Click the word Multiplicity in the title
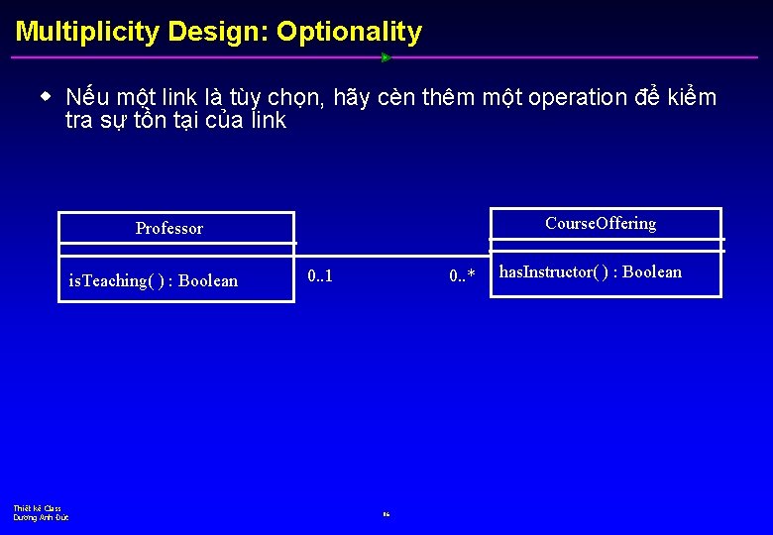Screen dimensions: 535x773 click(x=87, y=32)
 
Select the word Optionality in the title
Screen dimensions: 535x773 click(x=349, y=32)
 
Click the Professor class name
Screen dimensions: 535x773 click(x=168, y=229)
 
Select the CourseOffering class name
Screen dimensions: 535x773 click(x=601, y=224)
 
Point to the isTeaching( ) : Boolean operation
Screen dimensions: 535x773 click(x=153, y=280)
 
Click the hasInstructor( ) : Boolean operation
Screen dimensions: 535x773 click(x=590, y=272)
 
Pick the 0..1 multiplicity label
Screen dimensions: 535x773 click(x=320, y=275)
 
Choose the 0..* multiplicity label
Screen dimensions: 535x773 click(x=462, y=275)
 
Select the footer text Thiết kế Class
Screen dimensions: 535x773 click(x=37, y=508)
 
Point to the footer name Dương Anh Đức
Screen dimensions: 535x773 click(x=41, y=517)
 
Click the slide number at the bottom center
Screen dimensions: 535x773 click(x=386, y=514)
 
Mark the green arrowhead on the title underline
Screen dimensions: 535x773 click(x=386, y=57)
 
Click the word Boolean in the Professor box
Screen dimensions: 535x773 click(x=208, y=280)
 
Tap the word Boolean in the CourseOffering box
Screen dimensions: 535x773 click(x=652, y=272)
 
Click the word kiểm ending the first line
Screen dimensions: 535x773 click(x=691, y=97)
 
